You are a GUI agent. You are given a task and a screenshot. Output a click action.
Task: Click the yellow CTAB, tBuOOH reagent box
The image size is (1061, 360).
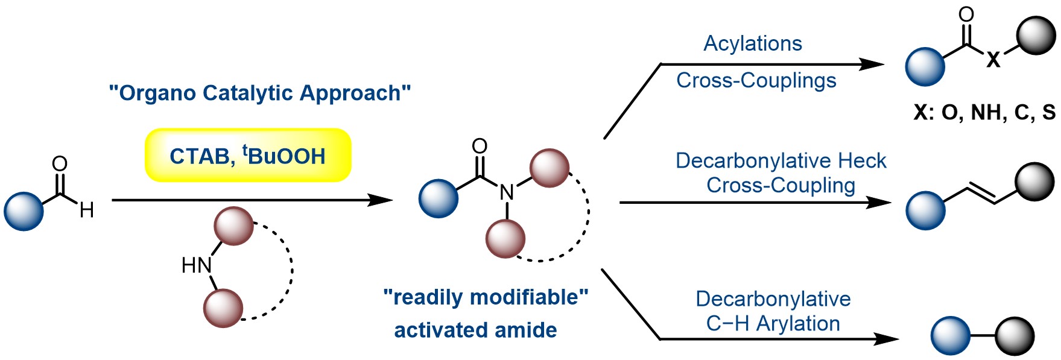click(247, 156)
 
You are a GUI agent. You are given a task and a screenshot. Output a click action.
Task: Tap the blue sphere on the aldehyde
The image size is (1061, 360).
click(24, 211)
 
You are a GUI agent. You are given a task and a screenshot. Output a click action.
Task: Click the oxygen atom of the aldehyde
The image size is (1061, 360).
click(60, 164)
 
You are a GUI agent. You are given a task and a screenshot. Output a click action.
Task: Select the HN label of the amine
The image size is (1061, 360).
click(196, 265)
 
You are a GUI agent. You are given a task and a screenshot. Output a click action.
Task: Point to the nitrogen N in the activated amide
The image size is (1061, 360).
click(507, 192)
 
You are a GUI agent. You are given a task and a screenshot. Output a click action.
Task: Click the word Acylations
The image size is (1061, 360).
click(753, 43)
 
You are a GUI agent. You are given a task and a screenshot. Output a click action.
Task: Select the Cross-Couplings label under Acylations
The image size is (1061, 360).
click(756, 80)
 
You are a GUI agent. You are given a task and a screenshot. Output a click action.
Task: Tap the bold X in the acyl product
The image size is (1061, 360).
click(993, 59)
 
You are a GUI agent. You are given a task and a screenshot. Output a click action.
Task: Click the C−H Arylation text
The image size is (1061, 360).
click(773, 324)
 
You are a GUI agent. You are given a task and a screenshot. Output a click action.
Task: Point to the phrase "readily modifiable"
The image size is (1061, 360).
click(486, 297)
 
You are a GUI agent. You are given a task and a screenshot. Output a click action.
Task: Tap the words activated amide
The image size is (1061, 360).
click(475, 330)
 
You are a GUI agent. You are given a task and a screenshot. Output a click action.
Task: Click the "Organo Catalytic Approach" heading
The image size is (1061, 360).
click(260, 93)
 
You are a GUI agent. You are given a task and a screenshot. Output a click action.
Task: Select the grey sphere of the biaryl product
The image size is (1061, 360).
click(1015, 336)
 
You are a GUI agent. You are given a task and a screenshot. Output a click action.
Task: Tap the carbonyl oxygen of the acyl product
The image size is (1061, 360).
click(966, 14)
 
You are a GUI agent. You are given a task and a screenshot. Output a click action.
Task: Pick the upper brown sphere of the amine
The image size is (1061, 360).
click(233, 226)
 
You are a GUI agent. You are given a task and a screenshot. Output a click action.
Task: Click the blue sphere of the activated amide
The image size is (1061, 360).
click(439, 198)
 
